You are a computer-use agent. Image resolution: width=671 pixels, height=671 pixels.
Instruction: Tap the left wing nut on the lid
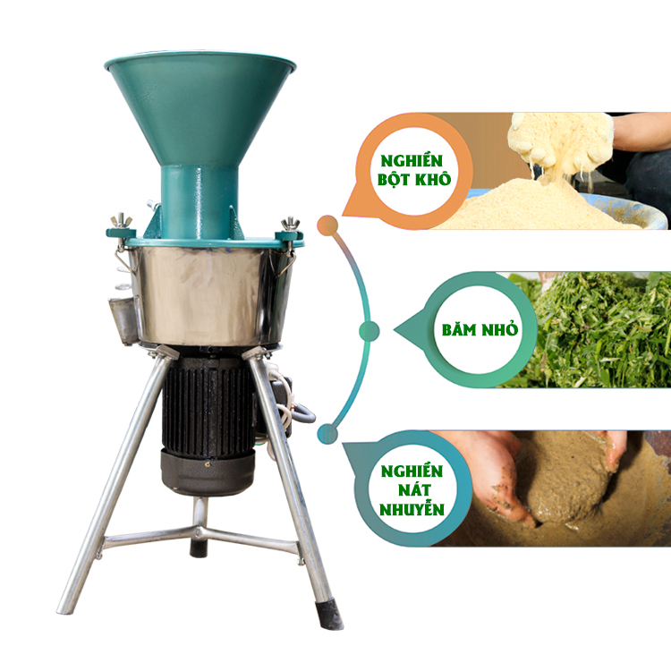[x=122, y=220]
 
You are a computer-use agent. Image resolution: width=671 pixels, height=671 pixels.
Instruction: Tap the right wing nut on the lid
[x=290, y=225]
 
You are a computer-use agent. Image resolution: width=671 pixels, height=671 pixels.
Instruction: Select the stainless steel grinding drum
[x=209, y=295]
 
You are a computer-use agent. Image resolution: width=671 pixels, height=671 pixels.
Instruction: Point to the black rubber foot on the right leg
[x=328, y=615]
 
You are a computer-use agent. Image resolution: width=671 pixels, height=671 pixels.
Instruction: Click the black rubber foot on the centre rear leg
[x=199, y=548]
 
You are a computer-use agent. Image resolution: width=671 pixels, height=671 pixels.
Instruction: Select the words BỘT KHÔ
[x=414, y=179]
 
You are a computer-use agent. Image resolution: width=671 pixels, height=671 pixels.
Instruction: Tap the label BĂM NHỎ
[x=480, y=330]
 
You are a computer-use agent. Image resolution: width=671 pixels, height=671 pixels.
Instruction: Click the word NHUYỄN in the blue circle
[x=412, y=510]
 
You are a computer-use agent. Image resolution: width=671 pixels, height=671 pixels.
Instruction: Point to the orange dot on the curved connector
[x=327, y=225]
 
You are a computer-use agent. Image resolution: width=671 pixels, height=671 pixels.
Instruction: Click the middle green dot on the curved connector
[x=369, y=331]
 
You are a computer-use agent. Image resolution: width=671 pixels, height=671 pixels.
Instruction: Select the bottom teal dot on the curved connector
[x=327, y=434]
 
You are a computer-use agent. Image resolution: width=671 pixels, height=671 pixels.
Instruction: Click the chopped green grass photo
[x=590, y=330]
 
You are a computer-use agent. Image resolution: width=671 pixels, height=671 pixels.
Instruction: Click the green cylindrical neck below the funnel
[x=200, y=202]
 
